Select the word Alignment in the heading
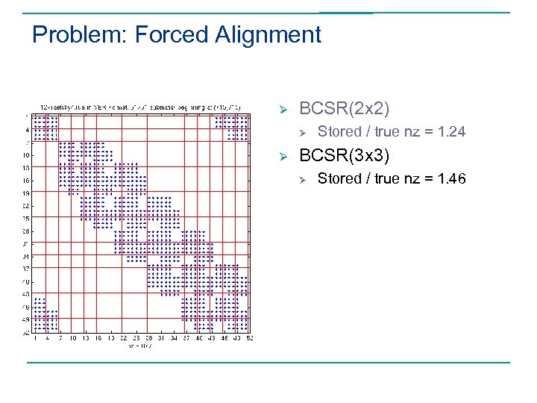[x=268, y=35]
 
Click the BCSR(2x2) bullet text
[x=344, y=108]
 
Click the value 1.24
[x=450, y=132]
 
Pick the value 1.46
[x=450, y=179]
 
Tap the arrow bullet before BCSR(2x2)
[x=283, y=109]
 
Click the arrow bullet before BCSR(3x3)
[x=283, y=157]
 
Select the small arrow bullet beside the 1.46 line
[x=303, y=180]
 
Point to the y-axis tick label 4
[x=28, y=130]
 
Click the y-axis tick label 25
[x=27, y=218]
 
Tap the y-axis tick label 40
[x=27, y=281]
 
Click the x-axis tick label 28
[x=148, y=338]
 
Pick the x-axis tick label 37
[x=186, y=338]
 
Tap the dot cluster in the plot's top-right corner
[x=232, y=125]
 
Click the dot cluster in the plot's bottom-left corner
[x=45, y=313]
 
